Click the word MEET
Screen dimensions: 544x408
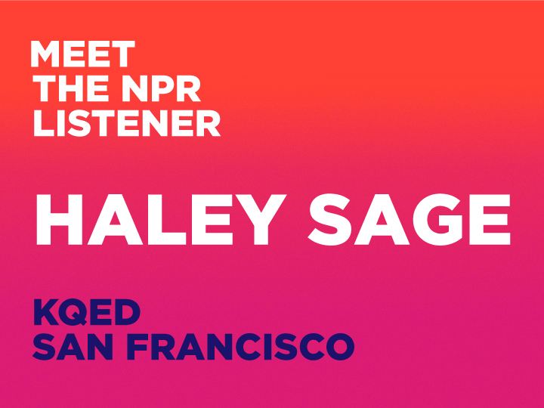pyautogui.click(x=82, y=54)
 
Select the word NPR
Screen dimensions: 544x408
pyautogui.click(x=161, y=88)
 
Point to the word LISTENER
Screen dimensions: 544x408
pyautogui.click(x=127, y=123)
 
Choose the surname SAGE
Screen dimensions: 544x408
pyautogui.click(x=410, y=219)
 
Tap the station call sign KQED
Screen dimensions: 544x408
pyautogui.click(x=87, y=312)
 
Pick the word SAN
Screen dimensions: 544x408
pyautogui.click(x=76, y=347)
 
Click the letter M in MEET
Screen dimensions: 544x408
pyautogui.click(x=45, y=54)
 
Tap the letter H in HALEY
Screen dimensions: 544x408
pyautogui.click(x=60, y=219)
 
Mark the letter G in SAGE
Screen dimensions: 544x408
pyautogui.click(x=438, y=219)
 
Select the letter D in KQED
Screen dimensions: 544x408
pyautogui.click(x=127, y=312)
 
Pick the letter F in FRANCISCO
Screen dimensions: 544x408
pyautogui.click(x=137, y=347)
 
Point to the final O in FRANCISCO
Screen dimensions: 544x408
pyautogui.click(x=340, y=347)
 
